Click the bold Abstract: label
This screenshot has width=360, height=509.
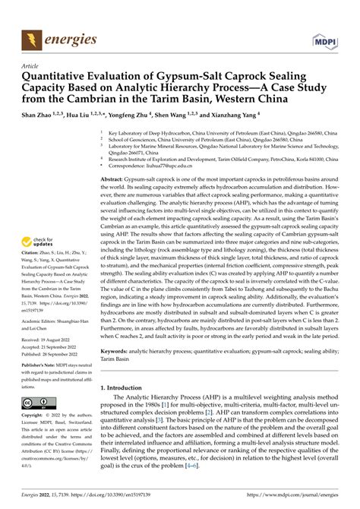point(115,176)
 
